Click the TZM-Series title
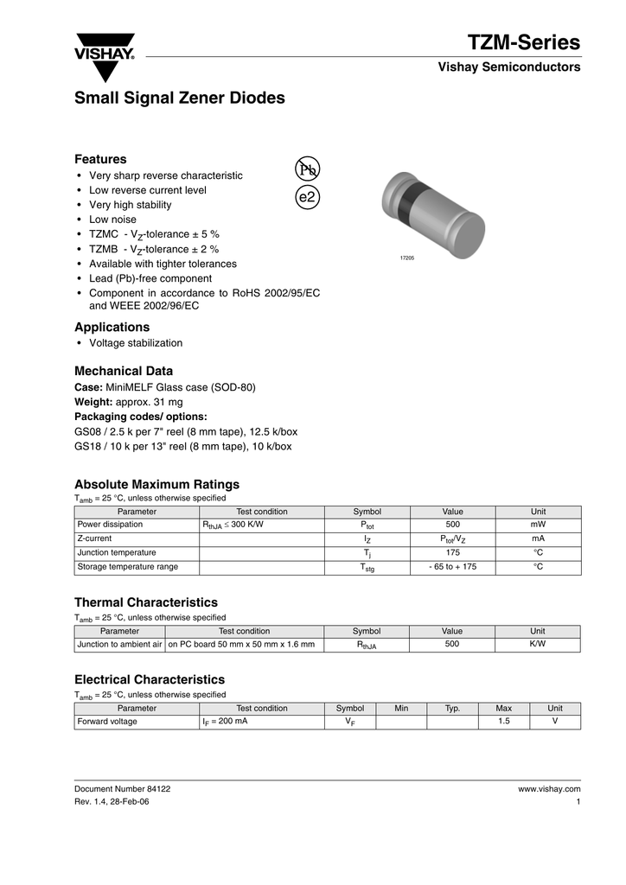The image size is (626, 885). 524,42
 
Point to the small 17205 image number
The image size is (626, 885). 406,258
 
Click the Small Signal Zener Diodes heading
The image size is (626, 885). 180,99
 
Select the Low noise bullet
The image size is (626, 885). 112,220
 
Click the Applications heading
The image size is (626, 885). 112,328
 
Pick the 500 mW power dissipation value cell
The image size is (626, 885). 452,525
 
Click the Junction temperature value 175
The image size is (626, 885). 452,552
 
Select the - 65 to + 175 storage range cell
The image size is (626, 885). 452,567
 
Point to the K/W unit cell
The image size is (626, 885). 537,644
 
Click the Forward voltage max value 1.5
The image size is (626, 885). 503,722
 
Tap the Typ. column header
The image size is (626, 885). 452,709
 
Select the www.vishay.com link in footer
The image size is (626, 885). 548,789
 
